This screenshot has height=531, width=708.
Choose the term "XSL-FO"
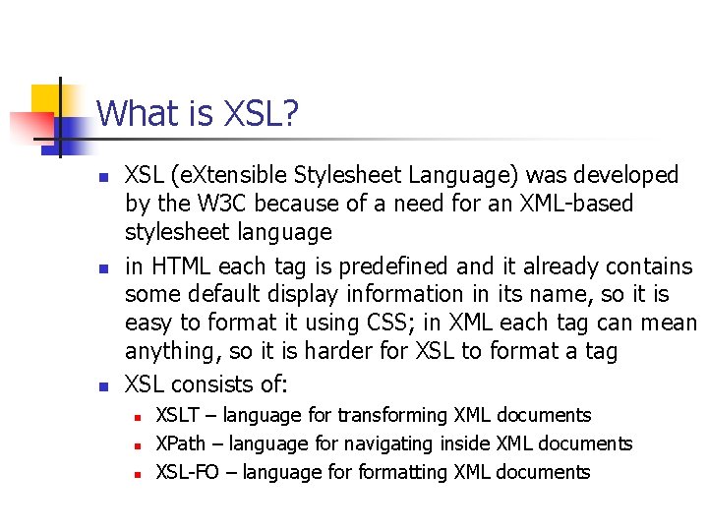pos(188,472)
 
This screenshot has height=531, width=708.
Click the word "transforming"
pos(383,415)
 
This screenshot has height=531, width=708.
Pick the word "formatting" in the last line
pos(401,472)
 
